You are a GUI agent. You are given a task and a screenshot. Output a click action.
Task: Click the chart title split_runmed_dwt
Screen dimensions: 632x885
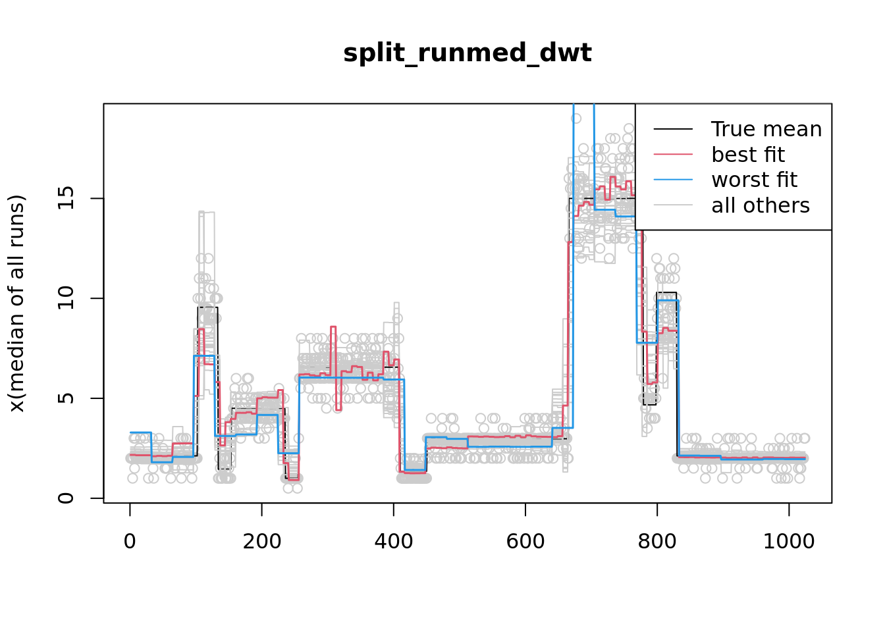point(467,53)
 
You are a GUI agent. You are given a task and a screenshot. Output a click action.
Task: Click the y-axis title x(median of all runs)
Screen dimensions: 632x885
point(17,303)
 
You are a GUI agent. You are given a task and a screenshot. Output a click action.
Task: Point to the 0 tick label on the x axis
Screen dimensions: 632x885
point(130,541)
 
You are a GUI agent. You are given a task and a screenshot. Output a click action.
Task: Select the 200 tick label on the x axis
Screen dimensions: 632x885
point(261,541)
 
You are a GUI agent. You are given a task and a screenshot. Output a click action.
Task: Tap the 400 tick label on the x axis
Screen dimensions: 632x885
point(393,541)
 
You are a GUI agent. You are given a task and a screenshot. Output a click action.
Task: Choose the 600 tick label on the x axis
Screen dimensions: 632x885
point(525,541)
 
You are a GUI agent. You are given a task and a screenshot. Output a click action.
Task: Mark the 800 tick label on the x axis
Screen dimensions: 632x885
point(657,541)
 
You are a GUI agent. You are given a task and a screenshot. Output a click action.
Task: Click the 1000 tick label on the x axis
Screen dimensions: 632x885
point(788,541)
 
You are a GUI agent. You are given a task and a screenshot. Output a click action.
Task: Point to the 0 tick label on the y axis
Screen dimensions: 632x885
point(66,498)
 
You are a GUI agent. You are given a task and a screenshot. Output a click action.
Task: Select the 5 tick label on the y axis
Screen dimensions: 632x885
point(66,398)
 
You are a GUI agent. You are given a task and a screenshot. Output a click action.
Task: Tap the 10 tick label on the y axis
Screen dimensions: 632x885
point(66,298)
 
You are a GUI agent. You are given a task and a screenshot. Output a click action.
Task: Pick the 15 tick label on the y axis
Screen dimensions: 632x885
point(66,198)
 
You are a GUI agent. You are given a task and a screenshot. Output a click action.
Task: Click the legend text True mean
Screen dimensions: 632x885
point(766,129)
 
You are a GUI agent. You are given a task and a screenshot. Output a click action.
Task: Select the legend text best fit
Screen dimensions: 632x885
point(748,155)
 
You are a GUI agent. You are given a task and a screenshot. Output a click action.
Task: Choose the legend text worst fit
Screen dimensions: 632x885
point(755,180)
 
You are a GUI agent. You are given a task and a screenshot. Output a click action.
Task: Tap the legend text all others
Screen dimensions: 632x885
point(761,205)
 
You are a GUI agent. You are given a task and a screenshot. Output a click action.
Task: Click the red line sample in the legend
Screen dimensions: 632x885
point(673,155)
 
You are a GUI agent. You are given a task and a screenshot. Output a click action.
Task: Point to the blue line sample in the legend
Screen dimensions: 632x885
point(673,180)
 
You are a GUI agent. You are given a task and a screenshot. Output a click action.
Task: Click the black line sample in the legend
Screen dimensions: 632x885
point(673,129)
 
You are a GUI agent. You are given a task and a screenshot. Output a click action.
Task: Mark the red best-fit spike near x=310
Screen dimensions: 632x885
point(333,327)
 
